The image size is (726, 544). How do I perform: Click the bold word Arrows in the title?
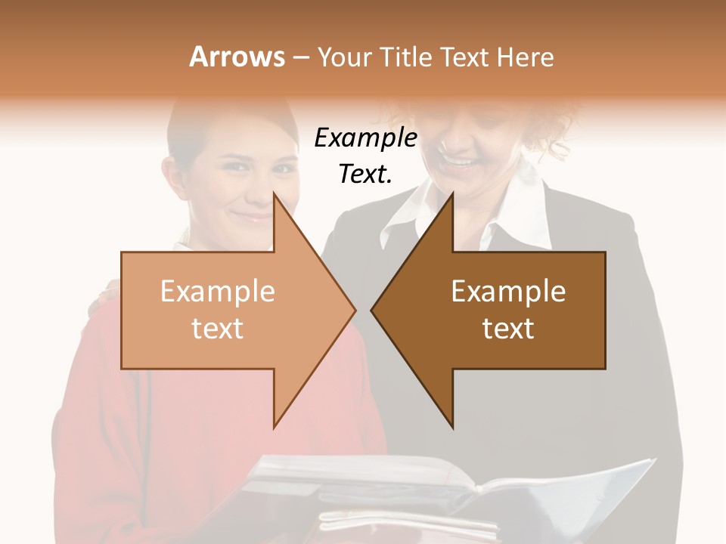tap(237, 57)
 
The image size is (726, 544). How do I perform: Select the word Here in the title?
tap(525, 57)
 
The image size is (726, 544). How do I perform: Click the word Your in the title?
tap(345, 57)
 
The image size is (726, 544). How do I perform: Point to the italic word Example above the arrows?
tap(365, 138)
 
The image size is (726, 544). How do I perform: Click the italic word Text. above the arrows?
tap(365, 174)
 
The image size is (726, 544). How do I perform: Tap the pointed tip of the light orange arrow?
tap(353, 310)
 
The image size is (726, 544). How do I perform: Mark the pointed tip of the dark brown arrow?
tap(374, 310)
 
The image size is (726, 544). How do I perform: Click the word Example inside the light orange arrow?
tap(218, 292)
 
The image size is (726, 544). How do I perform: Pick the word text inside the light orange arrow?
tap(218, 328)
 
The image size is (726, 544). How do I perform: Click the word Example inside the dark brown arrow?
tap(508, 292)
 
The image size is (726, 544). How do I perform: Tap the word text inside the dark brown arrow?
tap(508, 328)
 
